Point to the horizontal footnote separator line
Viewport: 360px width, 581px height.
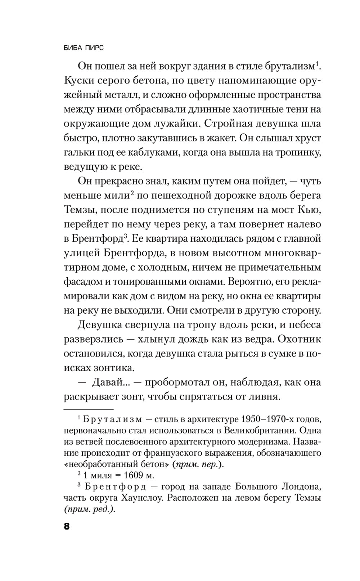coord(89,409)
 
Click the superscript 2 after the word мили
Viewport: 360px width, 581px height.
coord(132,193)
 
